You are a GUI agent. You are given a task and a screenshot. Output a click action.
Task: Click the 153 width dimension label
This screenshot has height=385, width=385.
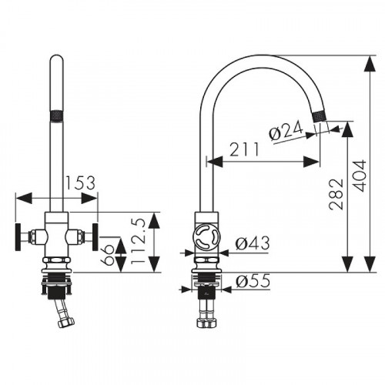coord(81,182)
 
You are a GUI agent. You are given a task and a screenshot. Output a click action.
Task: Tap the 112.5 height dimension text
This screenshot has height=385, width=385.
coord(139,241)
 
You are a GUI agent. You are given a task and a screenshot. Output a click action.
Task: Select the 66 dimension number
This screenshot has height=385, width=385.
coord(108,254)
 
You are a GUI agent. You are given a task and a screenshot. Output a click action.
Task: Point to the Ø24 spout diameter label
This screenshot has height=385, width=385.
coord(286,131)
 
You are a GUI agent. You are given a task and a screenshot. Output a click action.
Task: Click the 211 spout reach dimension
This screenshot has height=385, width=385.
coord(244,149)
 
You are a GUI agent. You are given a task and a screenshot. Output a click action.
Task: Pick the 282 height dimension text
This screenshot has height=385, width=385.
coord(336,194)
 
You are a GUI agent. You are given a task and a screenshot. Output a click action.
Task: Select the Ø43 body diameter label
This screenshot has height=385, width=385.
coord(253,243)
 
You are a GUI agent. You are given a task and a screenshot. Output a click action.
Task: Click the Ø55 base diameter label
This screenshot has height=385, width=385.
coord(253,280)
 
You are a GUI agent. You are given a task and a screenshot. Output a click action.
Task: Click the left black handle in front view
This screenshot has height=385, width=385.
coord(18,237)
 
